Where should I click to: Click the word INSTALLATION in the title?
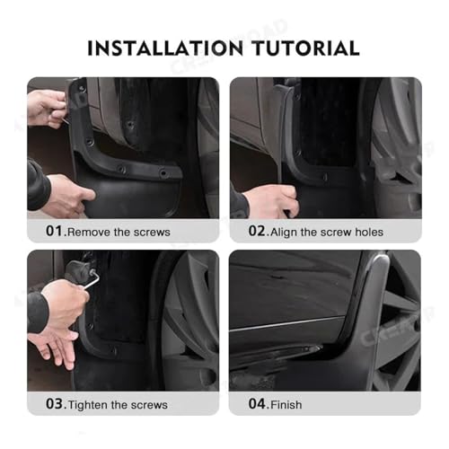point(165,48)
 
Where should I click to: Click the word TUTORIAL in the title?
point(305,48)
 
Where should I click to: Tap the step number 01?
point(54,231)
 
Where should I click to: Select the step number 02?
point(257,231)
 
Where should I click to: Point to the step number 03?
point(54,404)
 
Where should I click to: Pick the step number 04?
point(257,404)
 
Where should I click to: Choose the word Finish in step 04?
point(286,405)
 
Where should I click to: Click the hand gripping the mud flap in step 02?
point(269,200)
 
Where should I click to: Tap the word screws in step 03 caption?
point(149,405)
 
